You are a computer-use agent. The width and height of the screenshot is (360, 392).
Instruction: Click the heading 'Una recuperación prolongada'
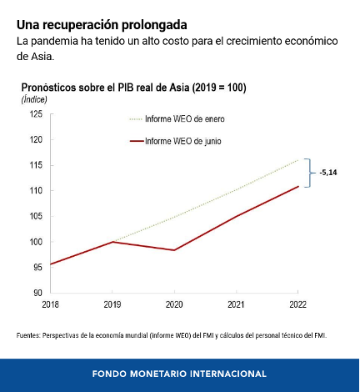[102, 25]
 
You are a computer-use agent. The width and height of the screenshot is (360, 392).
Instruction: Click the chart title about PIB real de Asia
[133, 88]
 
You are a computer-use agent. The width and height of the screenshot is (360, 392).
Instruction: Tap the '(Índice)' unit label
[34, 99]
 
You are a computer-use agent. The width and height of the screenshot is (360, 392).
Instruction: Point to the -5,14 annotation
[328, 173]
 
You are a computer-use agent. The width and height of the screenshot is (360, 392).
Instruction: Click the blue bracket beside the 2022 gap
[309, 173]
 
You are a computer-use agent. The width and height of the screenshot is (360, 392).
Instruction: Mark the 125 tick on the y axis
[36, 114]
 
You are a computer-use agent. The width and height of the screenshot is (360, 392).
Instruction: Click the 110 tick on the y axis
[36, 191]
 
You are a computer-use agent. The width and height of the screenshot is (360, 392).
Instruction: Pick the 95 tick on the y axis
[38, 267]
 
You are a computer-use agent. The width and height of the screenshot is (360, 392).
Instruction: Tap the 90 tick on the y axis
[38, 293]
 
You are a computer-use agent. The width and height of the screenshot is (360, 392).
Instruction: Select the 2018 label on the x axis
[50, 304]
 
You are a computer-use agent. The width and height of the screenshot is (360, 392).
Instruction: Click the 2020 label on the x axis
[174, 304]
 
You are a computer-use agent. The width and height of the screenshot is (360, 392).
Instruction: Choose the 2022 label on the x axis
[297, 304]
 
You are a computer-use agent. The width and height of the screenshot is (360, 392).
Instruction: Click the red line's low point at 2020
[174, 250]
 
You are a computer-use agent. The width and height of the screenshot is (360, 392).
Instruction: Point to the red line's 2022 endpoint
[298, 186]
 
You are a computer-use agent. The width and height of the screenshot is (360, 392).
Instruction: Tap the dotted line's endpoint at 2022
[298, 160]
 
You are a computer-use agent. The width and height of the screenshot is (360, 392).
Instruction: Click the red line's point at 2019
[112, 242]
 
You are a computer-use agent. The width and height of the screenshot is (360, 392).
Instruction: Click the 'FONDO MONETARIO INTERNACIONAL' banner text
[179, 374]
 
